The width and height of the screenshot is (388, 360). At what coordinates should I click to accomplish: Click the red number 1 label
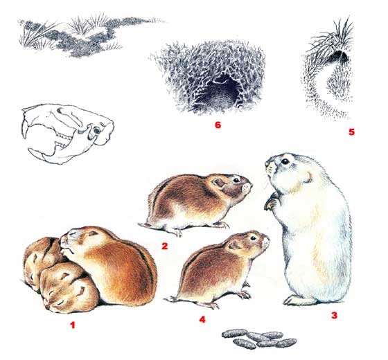pos(73,325)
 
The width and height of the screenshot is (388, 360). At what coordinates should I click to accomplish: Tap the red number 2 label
pos(165,246)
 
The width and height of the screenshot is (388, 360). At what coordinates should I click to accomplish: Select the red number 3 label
pos(334,315)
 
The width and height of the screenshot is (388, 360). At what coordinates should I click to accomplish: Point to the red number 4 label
pos(202,320)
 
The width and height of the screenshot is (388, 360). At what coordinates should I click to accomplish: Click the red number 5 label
pos(351,132)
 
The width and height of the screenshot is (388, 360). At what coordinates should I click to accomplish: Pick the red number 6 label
pos(218,125)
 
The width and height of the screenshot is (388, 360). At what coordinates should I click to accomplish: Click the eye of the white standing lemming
pos(285,161)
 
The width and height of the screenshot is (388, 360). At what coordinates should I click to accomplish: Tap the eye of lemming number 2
pos(236,180)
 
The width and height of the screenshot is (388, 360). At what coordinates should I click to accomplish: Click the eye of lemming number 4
pos(253,238)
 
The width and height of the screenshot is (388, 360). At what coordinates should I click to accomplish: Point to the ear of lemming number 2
pos(219,183)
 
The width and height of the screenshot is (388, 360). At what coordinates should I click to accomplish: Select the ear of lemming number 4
pos(233,245)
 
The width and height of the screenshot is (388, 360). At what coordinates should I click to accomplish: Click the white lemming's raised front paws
pos(272,201)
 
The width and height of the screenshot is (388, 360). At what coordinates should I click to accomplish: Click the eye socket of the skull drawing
pos(96,130)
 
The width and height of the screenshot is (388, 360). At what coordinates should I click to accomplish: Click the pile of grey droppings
pos(259,339)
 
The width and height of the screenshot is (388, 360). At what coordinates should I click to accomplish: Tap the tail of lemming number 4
pos(172,299)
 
